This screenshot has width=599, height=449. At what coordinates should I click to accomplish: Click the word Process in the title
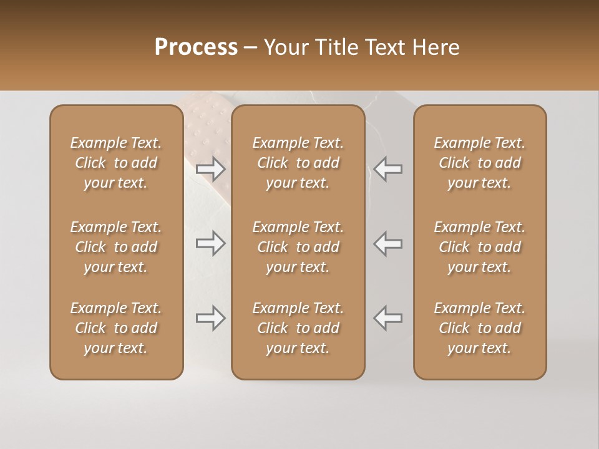click(x=196, y=47)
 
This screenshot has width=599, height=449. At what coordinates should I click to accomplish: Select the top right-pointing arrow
click(x=211, y=169)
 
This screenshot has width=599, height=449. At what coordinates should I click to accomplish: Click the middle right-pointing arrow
click(x=211, y=243)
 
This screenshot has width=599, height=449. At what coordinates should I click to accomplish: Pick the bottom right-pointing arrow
click(x=211, y=318)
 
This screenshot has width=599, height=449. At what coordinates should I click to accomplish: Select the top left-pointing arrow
click(x=387, y=169)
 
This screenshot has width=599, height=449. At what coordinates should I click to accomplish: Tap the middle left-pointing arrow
click(x=387, y=243)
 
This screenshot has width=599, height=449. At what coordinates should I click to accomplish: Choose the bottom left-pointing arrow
click(x=387, y=318)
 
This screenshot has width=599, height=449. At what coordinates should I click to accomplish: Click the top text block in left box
click(x=116, y=163)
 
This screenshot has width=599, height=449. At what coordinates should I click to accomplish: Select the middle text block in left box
click(x=116, y=247)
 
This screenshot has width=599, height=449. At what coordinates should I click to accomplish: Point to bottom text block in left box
click(x=116, y=328)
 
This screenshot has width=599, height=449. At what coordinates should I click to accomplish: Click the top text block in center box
click(x=298, y=163)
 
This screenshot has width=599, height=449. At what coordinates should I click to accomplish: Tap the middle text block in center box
click(x=298, y=247)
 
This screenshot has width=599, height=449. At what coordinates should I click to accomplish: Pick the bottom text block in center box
click(x=298, y=328)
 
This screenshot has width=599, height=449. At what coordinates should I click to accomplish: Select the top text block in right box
click(x=479, y=163)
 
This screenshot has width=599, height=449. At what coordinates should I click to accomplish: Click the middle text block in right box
click(x=479, y=247)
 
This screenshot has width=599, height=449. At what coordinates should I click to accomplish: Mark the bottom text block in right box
click(x=479, y=328)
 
